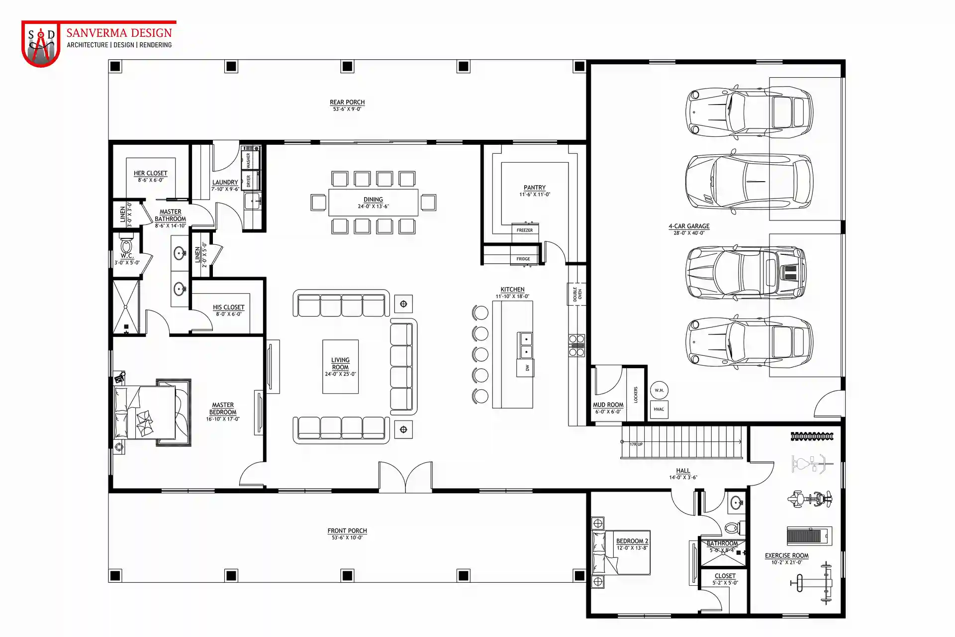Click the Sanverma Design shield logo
(x=41, y=44)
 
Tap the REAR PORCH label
(x=347, y=102)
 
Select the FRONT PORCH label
(x=347, y=531)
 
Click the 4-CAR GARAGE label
(x=689, y=226)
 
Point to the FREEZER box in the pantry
(x=525, y=230)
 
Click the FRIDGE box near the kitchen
(x=523, y=259)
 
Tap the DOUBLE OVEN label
(x=577, y=294)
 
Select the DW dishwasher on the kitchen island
(x=527, y=368)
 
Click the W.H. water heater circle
(x=659, y=390)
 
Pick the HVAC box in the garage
(x=659, y=409)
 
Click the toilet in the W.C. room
(x=126, y=245)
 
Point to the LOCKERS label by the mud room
(x=636, y=395)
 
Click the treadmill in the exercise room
(x=809, y=535)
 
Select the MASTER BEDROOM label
(x=223, y=409)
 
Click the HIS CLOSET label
(x=228, y=307)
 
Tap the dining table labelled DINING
(x=373, y=203)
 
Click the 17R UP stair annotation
(x=636, y=444)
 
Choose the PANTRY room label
(x=535, y=188)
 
